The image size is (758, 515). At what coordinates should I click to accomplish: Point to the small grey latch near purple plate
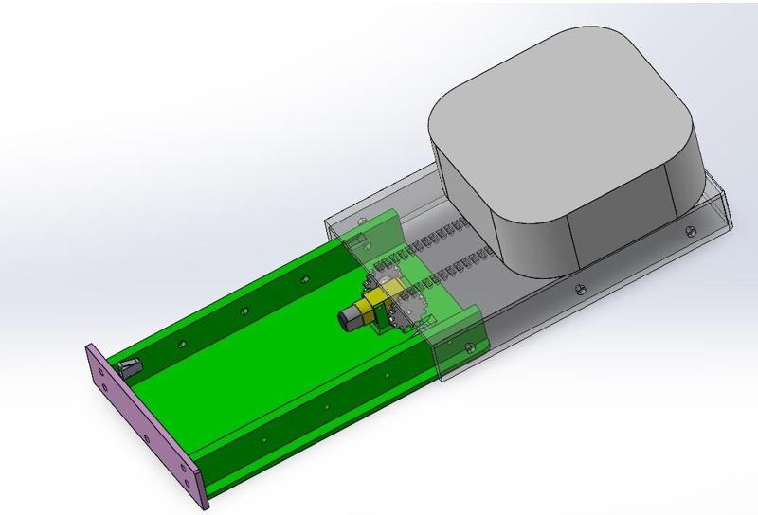(131, 365)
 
